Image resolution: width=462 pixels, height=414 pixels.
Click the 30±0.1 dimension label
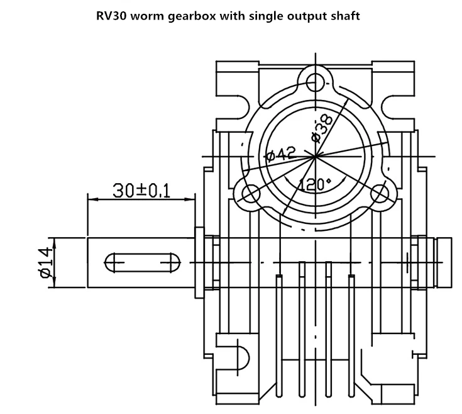pyautogui.click(x=142, y=190)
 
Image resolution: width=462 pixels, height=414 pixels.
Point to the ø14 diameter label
pyautogui.click(x=43, y=262)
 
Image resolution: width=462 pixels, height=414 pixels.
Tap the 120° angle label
pyautogui.click(x=314, y=184)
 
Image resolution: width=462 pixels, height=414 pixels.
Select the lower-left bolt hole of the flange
pyautogui.click(x=250, y=194)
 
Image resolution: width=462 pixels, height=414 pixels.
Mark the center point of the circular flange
pyautogui.click(x=315, y=155)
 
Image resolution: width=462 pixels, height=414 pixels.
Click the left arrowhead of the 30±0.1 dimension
pyautogui.click(x=91, y=199)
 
